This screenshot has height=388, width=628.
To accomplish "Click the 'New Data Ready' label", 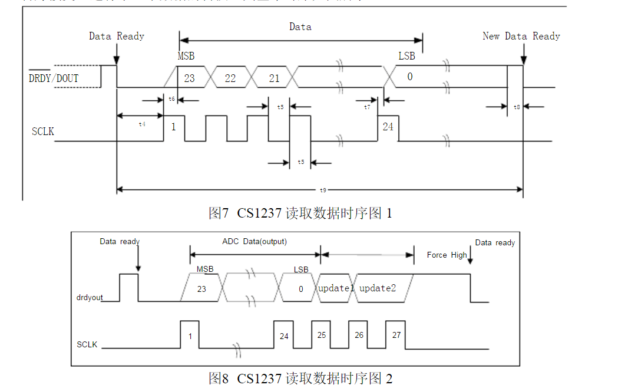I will tap(521, 36).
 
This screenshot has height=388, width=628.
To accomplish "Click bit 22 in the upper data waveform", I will tap(230, 78).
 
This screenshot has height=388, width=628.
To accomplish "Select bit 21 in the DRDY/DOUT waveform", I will tap(274, 78).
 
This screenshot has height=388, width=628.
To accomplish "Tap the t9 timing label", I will tap(322, 190).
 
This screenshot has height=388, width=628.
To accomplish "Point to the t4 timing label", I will tap(141, 124).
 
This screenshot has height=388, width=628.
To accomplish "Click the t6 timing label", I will tap(171, 99).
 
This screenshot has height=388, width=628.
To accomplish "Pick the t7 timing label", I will tap(368, 107).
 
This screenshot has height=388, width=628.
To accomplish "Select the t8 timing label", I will tap(517, 107).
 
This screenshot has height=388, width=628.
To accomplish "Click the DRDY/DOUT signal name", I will tap(54, 78).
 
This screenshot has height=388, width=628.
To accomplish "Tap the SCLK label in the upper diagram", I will tap(43, 131).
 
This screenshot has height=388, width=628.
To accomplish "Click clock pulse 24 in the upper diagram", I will tap(388, 127).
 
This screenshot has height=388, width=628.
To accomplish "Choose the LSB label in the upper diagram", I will tap(406, 56).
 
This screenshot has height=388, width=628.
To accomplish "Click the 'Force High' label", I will tap(447, 255).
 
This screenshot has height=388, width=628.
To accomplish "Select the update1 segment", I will tap(336, 288).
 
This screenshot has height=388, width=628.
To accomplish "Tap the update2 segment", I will tap(378, 288).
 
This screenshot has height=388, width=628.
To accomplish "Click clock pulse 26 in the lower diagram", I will tap(359, 335).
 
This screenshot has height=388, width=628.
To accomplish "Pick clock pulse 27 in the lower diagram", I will tap(396, 335).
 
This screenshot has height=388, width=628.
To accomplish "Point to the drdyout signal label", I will tap(90, 297).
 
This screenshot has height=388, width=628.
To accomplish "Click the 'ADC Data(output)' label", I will tap(254, 242).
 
